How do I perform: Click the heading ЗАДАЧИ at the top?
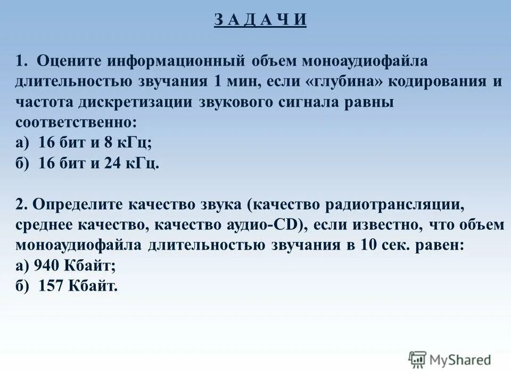[x=261, y=19]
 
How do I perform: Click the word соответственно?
[x=76, y=123]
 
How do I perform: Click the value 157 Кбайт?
[x=78, y=286]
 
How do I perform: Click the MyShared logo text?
[x=460, y=360]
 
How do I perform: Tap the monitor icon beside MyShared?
[x=418, y=360]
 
